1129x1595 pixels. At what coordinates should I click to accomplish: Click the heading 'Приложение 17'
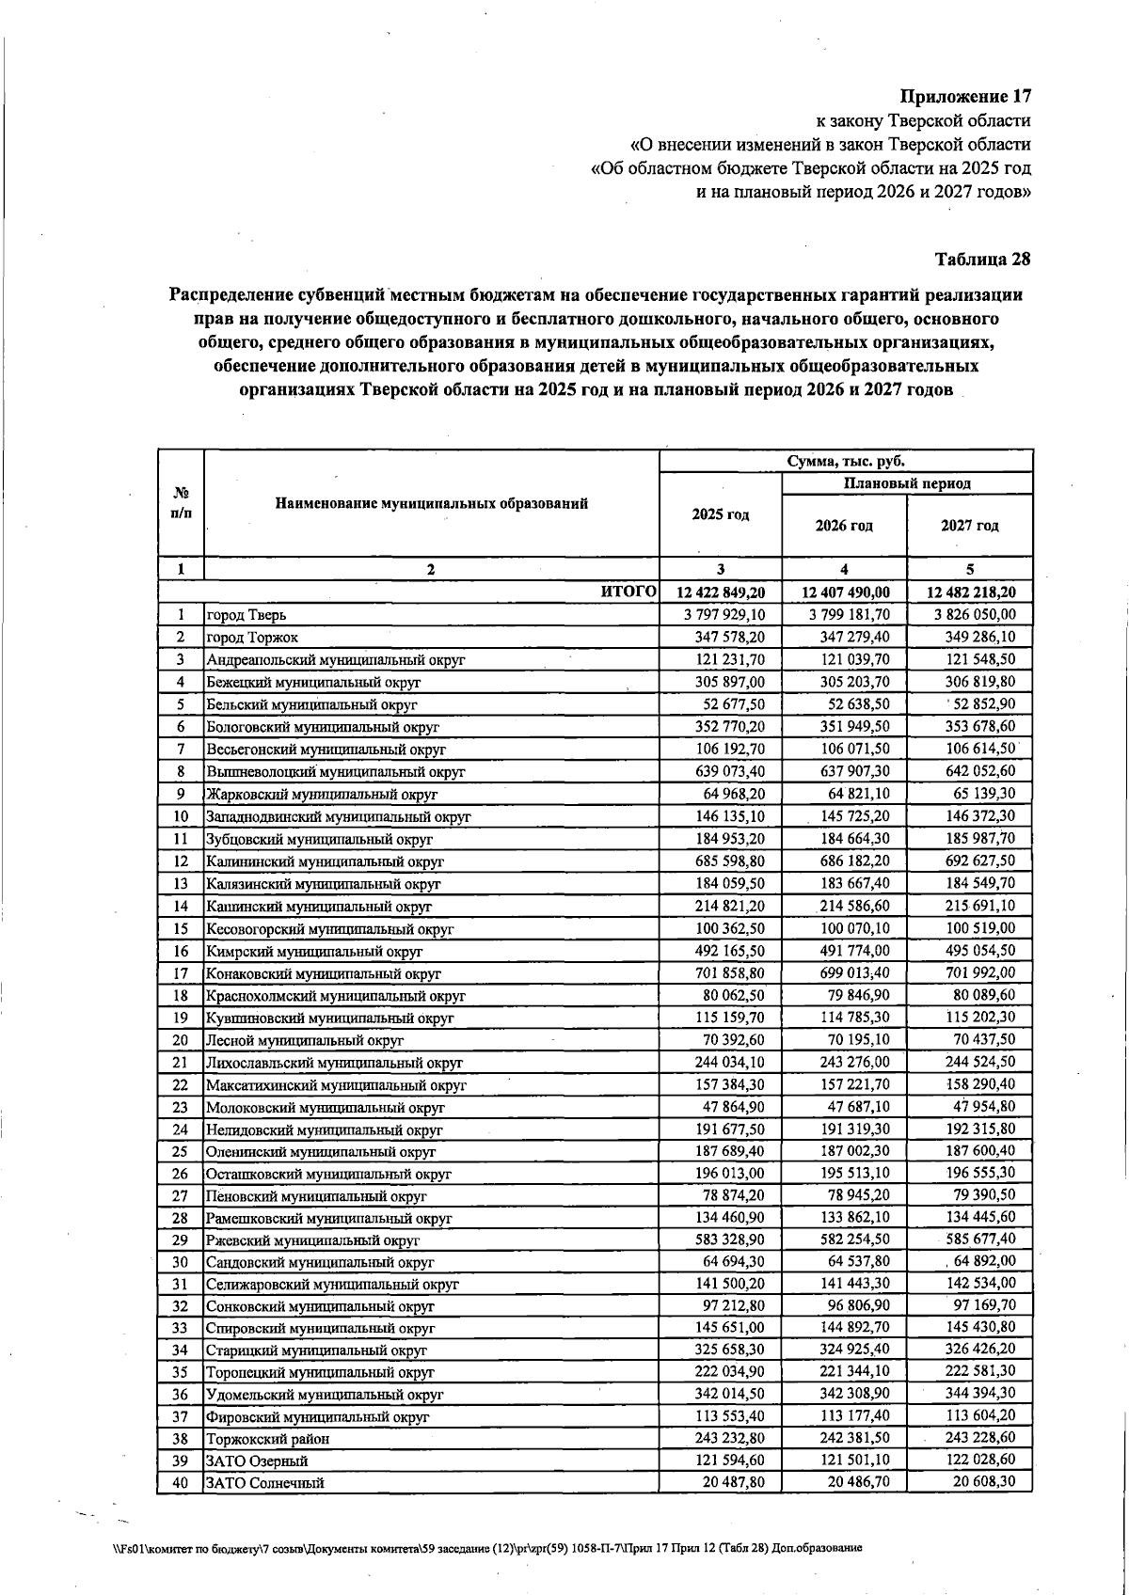[965, 96]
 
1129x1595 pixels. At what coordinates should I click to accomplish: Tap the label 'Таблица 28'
[982, 259]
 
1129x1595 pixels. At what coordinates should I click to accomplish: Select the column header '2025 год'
[720, 514]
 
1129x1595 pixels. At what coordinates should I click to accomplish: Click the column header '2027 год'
[969, 526]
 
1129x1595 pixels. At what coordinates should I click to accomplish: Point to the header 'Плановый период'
[907, 483]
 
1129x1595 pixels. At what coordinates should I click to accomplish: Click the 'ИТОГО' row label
[628, 592]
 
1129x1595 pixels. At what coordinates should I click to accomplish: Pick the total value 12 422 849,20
[721, 592]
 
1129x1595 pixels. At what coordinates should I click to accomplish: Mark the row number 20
[181, 1040]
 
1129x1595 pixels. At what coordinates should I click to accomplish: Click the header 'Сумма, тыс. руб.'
[845, 461]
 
